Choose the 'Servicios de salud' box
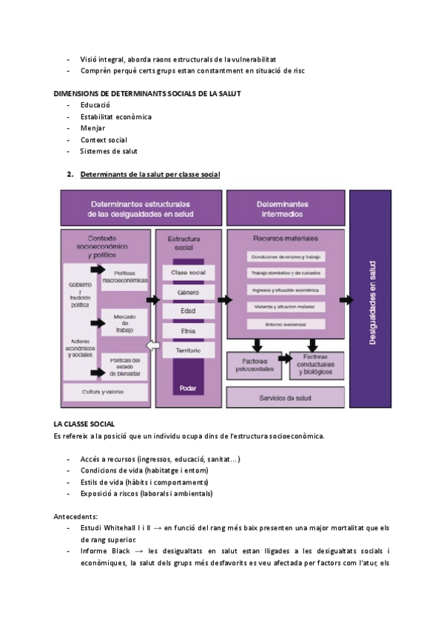coord(285,398)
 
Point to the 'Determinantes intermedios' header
coord(285,208)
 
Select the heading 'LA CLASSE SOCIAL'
coord(84,424)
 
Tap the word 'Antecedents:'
coord(75,515)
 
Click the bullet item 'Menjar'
coord(92,128)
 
